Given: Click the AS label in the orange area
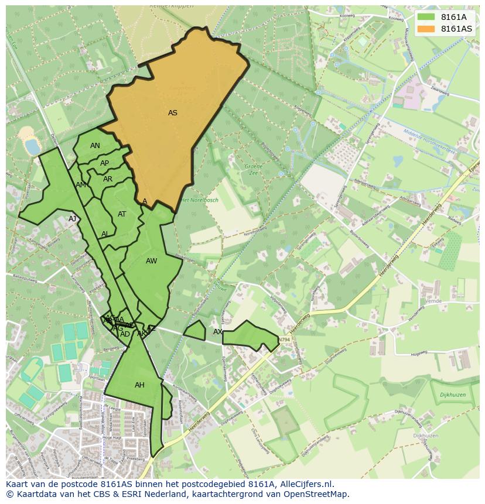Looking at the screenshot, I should (x=173, y=113).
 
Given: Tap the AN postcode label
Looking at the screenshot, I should (x=95, y=146).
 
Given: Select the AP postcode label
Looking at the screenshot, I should (x=104, y=163).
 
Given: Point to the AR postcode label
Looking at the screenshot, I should (x=108, y=179).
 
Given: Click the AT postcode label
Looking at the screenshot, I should (x=122, y=214).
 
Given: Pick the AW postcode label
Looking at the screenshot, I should (x=152, y=261).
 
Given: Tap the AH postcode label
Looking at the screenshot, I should (x=139, y=385).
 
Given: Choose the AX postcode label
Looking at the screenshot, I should (x=218, y=332).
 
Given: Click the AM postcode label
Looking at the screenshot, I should (x=81, y=185).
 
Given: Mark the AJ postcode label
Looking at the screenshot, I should (x=73, y=219).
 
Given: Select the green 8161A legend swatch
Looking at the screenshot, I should (x=426, y=17).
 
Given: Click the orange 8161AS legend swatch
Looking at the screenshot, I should (x=426, y=29).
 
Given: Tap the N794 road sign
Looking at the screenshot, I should (x=284, y=340).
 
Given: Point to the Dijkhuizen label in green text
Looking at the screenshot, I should (x=452, y=395).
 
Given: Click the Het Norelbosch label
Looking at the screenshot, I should (x=199, y=200).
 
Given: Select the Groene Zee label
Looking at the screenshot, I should (x=254, y=170).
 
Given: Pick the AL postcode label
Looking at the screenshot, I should (x=105, y=234).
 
